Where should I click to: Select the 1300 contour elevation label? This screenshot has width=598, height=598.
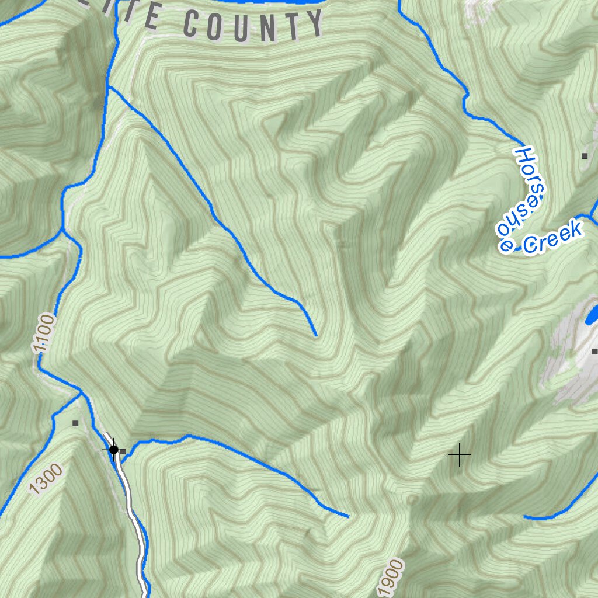pos(45,479)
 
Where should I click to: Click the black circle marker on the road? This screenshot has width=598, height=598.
pos(113,450)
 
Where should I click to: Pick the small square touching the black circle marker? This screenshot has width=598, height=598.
pos(122,451)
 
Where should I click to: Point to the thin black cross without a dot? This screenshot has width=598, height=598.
pos(460,454)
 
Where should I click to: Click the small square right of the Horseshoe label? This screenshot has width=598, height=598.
pos(584,155)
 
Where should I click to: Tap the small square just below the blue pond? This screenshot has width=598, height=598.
pos(594,352)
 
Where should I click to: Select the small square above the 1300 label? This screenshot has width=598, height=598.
pos(75,423)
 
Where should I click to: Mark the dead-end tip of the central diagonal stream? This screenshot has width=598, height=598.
pos(316,335)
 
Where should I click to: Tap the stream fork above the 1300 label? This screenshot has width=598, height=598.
pos(80,395)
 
